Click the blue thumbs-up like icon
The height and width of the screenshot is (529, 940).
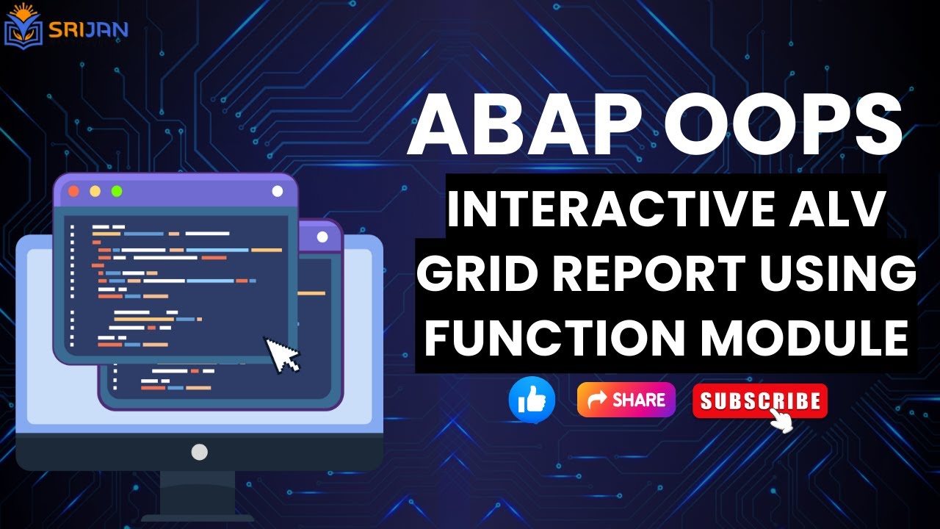tap(532, 400)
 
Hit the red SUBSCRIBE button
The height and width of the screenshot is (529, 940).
tap(759, 401)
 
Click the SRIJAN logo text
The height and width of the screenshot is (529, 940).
tap(88, 29)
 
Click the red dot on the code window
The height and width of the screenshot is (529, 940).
tap(73, 191)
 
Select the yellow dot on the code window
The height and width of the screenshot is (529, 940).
tap(95, 191)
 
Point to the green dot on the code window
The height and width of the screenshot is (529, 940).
tap(116, 191)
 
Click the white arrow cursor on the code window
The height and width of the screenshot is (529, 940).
tap(282, 355)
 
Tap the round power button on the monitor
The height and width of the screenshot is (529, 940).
tap(199, 452)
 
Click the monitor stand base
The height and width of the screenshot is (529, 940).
tap(198, 507)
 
